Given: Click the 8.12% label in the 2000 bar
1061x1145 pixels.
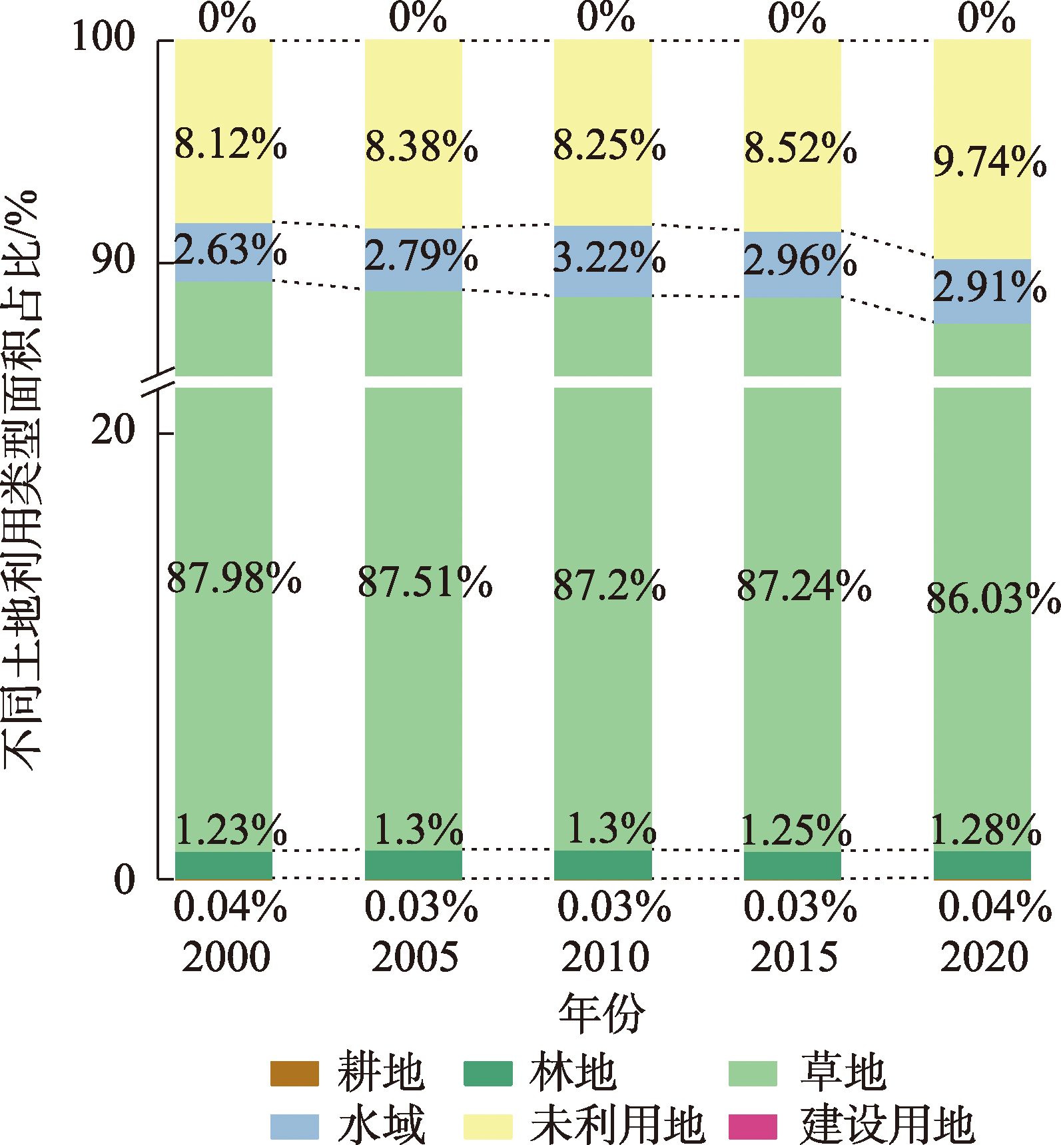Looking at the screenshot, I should (230, 143).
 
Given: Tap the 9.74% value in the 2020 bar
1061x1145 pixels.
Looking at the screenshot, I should (990, 162).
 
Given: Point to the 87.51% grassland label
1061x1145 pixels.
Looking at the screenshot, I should (425, 582).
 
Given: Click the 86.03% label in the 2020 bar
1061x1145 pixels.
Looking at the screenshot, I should (992, 598).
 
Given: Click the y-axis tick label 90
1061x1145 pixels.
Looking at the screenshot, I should (114, 259).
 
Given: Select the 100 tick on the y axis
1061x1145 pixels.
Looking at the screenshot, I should (103, 36).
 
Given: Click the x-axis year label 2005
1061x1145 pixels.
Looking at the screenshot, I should (415, 957).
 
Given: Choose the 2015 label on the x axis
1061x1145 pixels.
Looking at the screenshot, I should (794, 957).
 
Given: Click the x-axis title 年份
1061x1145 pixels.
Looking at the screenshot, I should (601, 1013).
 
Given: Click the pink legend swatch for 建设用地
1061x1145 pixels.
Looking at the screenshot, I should (753, 1126).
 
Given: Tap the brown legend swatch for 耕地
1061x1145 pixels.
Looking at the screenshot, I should (294, 1073).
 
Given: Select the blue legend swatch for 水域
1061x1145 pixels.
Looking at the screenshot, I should (294, 1126).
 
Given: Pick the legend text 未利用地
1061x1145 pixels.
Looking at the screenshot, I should (617, 1126).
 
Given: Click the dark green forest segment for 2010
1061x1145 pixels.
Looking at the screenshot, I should (603, 865).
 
